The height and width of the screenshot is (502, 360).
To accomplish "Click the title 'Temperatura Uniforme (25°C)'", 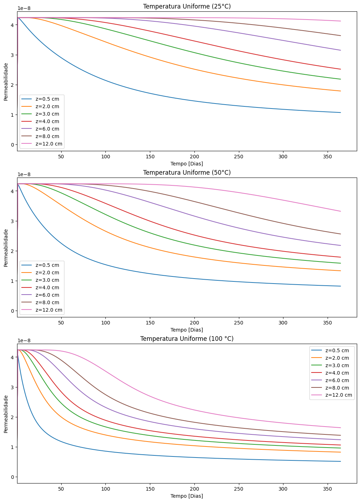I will pyautogui.click(x=187, y=6).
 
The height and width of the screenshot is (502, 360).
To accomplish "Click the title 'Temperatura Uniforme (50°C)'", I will pyautogui.click(x=187, y=173).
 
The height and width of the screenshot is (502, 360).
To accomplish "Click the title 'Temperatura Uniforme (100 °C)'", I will pyautogui.click(x=187, y=339).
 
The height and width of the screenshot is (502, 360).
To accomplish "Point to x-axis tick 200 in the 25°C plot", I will pyautogui.click(x=194, y=157).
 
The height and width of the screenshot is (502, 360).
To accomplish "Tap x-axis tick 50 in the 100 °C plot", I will pyautogui.click(x=61, y=489).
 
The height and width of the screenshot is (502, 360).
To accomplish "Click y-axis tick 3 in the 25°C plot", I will pyautogui.click(x=12, y=55).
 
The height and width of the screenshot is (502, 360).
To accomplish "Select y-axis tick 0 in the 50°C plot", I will pyautogui.click(x=12, y=311).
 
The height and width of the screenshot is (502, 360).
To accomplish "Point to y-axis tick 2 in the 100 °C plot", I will pyautogui.click(x=12, y=417).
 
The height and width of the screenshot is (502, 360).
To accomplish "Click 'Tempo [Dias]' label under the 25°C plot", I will pyautogui.click(x=187, y=164).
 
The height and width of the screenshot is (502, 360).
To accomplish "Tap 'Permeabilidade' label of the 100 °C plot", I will pyautogui.click(x=6, y=414).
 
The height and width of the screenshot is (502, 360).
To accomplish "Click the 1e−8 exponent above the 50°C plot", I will pyautogui.click(x=24, y=174).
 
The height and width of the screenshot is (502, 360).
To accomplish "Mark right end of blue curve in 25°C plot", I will pyautogui.click(x=341, y=112).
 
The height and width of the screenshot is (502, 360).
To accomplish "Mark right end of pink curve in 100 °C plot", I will pyautogui.click(x=341, y=428).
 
